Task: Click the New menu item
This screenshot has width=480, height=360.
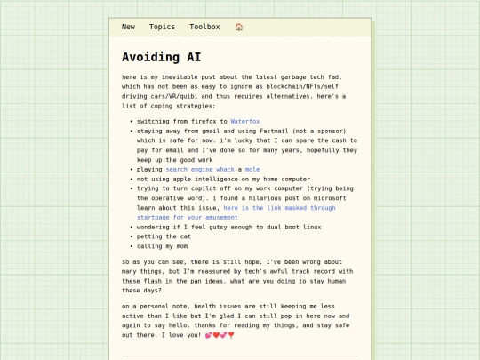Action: (128, 27)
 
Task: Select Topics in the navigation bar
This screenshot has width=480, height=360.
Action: (162, 27)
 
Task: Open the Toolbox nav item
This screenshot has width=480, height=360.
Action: (204, 27)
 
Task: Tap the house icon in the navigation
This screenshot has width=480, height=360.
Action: (239, 27)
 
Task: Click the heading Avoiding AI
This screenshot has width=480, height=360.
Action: (161, 57)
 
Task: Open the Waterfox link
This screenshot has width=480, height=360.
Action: (245, 121)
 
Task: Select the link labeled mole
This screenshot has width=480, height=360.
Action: (252, 169)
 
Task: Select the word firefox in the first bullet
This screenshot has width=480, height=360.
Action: (204, 121)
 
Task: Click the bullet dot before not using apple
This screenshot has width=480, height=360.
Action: (132, 179)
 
